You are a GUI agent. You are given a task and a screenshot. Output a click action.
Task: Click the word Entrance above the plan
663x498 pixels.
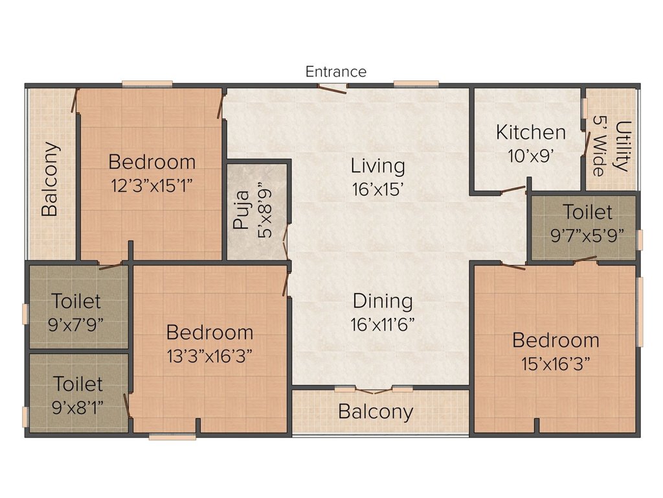336,71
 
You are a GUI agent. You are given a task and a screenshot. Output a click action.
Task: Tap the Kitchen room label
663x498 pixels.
531,132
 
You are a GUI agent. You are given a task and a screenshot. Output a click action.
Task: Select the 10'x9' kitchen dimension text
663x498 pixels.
531,156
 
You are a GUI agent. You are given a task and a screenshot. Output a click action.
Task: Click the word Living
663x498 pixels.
377,167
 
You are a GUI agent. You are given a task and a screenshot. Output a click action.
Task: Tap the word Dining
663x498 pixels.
383,302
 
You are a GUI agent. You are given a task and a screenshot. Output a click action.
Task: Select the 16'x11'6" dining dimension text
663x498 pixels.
382,325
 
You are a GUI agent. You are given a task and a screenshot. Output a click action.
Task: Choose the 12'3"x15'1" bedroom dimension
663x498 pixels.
152,185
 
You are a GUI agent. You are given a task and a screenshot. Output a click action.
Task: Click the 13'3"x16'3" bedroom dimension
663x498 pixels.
210,356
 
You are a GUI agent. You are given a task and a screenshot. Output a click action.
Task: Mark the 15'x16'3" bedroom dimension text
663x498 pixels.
556,364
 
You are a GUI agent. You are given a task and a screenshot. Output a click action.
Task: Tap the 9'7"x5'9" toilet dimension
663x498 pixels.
587,235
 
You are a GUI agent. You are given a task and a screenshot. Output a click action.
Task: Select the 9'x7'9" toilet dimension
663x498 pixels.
76,325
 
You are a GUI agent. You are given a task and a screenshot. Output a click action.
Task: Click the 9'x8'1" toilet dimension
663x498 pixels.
78,408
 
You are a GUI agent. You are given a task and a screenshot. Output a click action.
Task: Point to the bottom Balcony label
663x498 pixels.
376,412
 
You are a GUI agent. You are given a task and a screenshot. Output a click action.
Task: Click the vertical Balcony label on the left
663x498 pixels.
50,179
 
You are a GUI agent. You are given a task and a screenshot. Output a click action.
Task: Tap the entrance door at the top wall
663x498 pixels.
333,89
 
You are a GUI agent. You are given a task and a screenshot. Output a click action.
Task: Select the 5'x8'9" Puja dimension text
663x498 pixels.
265,211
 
